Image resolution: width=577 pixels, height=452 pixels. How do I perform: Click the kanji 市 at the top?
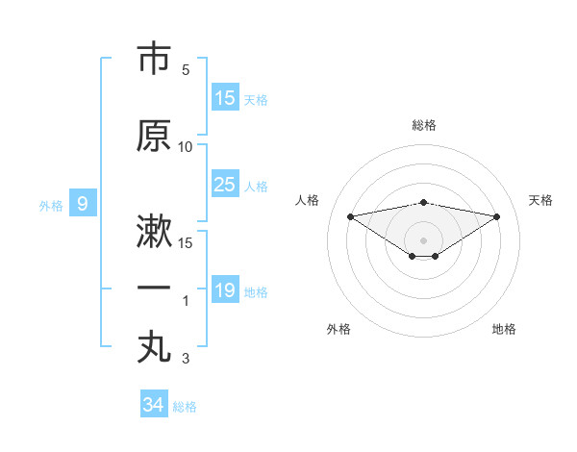click(154, 60)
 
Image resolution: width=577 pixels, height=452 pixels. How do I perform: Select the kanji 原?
click(154, 137)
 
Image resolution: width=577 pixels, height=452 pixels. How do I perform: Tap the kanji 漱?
click(154, 233)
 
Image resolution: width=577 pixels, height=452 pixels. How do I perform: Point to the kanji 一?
click(154, 288)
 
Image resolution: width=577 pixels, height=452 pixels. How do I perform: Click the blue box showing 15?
click(225, 98)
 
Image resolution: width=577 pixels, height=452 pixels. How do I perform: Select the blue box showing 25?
click(225, 185)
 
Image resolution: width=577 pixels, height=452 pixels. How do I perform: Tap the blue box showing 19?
click(225, 290)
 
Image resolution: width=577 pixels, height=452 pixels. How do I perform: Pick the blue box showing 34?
click(154, 405)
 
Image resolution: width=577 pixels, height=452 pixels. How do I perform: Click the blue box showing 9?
click(83, 204)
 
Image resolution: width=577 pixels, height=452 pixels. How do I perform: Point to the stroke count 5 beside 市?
click(186, 71)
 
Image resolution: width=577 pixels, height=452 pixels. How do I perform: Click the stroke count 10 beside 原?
click(186, 147)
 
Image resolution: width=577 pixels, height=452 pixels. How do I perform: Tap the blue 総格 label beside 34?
click(185, 407)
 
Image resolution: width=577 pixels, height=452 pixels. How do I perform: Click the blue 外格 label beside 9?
click(51, 205)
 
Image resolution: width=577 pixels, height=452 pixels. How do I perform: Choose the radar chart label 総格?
click(423, 125)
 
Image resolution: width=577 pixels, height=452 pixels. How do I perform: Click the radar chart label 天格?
click(540, 200)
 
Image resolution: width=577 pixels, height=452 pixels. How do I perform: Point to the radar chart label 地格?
click(504, 329)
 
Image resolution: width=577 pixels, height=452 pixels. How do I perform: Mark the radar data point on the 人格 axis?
click(350, 215)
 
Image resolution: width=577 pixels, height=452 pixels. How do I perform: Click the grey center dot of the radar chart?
click(423, 239)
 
